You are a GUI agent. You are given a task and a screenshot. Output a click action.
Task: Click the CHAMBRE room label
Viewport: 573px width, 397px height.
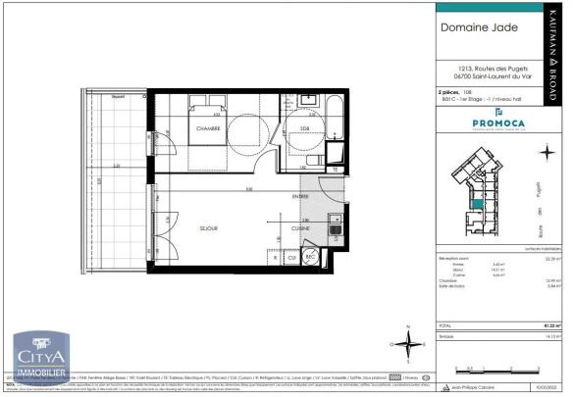coord(206,127)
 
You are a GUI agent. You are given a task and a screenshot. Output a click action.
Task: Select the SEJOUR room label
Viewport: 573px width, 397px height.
coord(208,228)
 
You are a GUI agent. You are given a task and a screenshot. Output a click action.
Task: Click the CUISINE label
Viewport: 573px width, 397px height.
coord(301,227)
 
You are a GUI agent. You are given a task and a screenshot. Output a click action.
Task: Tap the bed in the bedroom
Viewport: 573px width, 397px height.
coord(211,123)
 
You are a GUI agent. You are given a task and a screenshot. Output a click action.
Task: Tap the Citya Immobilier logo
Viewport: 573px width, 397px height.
coord(39,358)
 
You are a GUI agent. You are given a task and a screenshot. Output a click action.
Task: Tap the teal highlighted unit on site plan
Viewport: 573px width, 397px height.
coord(477,202)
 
